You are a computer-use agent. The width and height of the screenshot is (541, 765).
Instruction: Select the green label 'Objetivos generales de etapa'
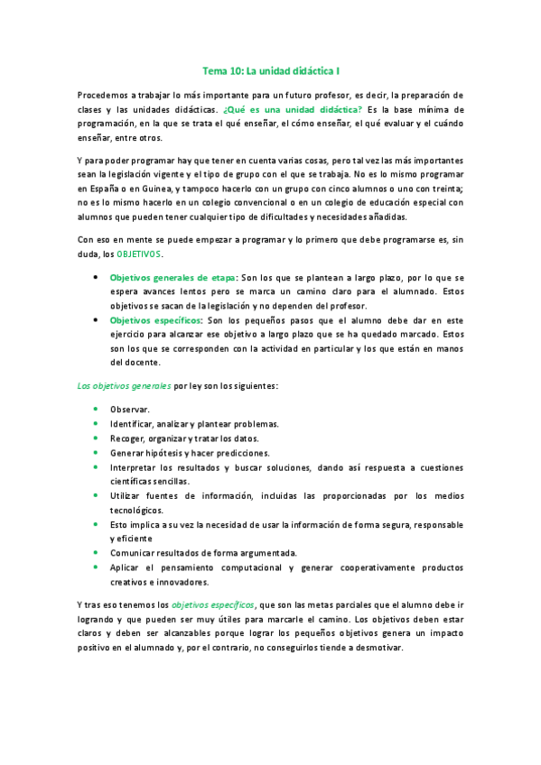click(173, 278)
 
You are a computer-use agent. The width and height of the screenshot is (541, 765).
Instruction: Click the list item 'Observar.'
click(130, 409)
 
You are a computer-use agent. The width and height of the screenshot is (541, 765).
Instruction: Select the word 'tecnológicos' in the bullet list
click(136, 509)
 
